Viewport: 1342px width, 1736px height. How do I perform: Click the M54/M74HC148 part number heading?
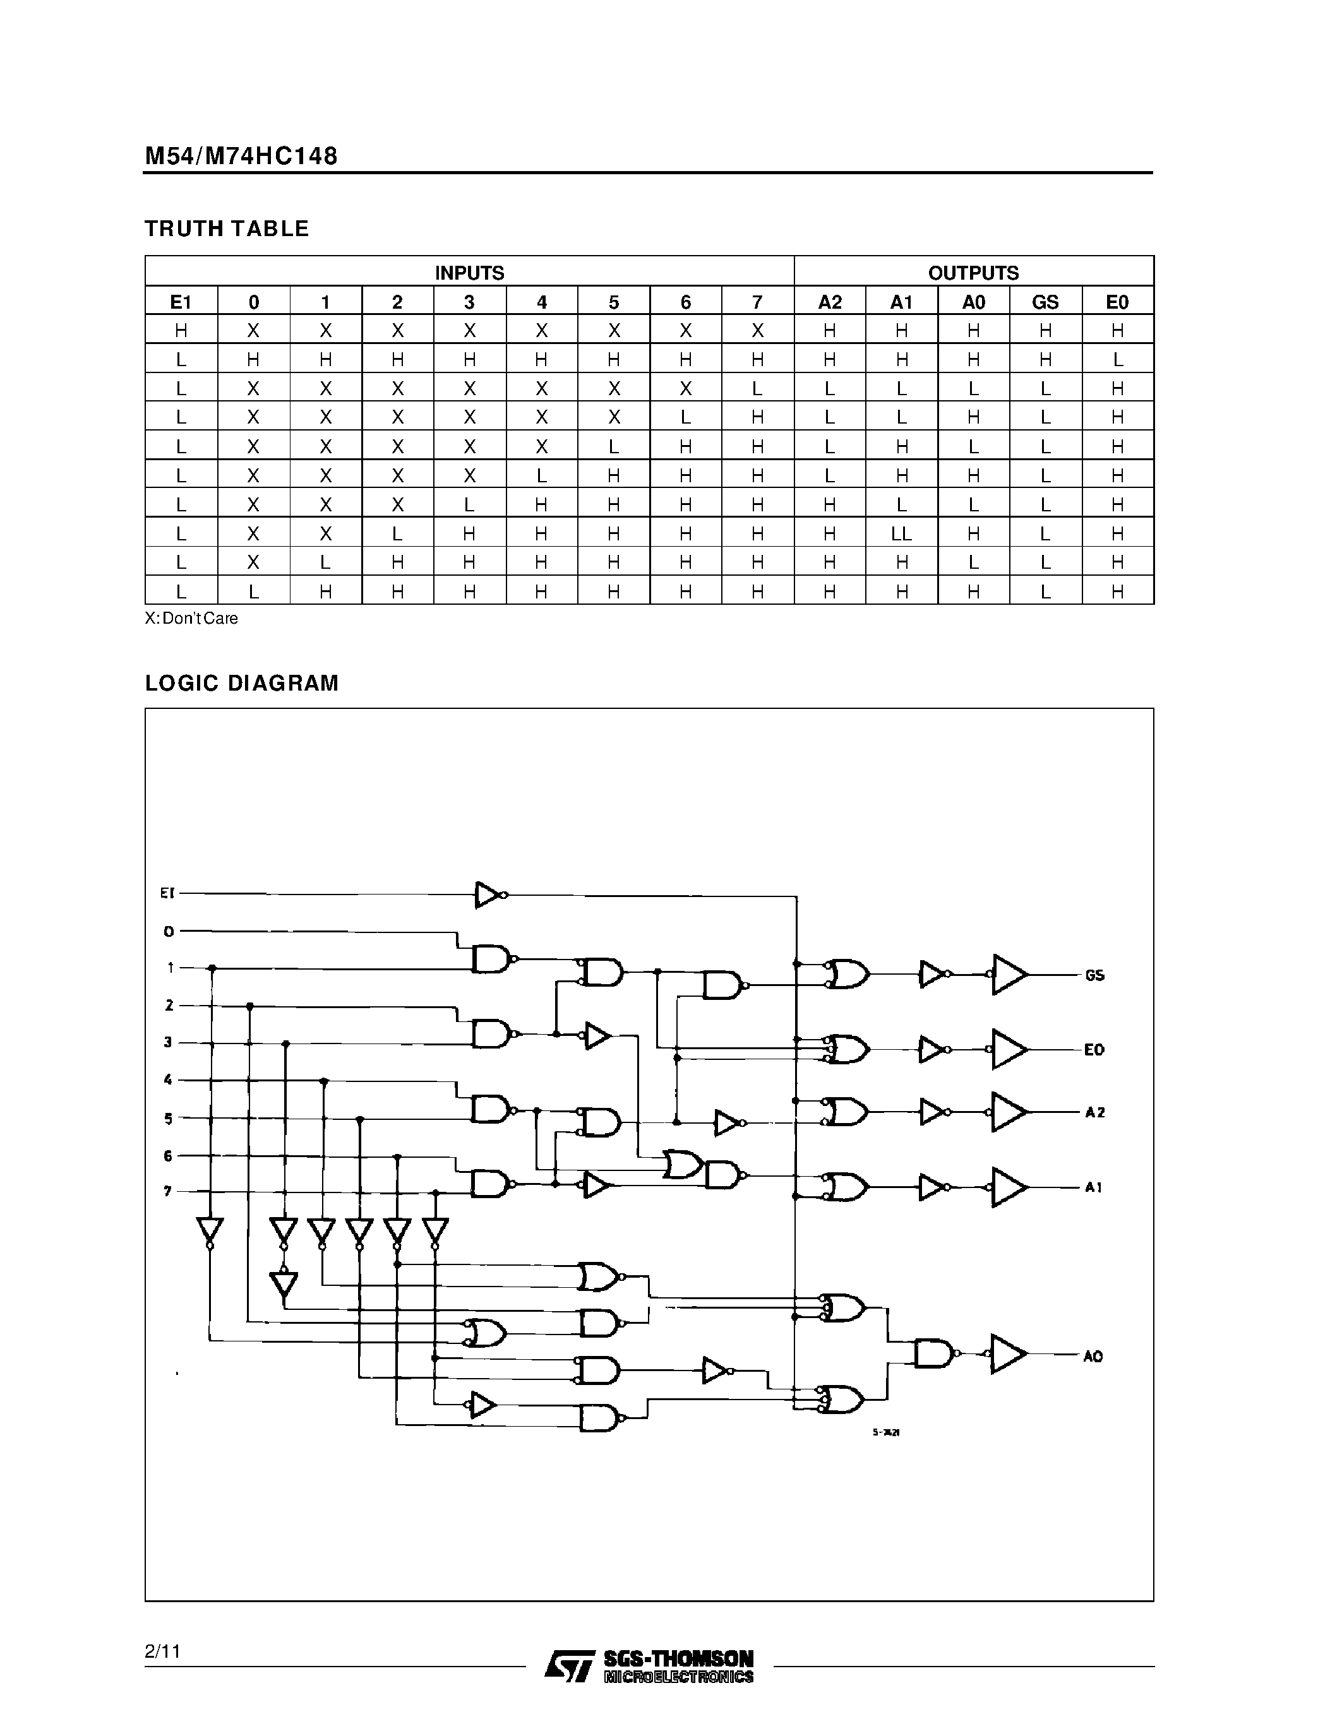[241, 156]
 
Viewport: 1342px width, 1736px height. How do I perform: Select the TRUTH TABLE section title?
[227, 229]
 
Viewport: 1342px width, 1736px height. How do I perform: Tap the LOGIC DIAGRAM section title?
[242, 684]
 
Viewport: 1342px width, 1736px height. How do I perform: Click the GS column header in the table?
[1045, 302]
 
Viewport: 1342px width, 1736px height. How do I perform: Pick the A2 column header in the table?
[829, 302]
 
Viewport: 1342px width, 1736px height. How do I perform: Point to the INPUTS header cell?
[469, 273]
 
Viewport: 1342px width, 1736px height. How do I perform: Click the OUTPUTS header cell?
[973, 273]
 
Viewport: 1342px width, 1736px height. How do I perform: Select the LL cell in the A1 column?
[902, 534]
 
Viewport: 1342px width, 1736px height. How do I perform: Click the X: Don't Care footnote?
[191, 619]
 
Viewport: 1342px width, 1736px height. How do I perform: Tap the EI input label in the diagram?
[167, 893]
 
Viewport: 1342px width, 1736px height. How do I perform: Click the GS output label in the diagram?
[1094, 975]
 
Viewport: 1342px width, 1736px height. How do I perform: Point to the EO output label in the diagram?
[1094, 1050]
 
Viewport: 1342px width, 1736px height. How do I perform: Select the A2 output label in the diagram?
[1094, 1113]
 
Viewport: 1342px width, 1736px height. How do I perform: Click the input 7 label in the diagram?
[168, 1191]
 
